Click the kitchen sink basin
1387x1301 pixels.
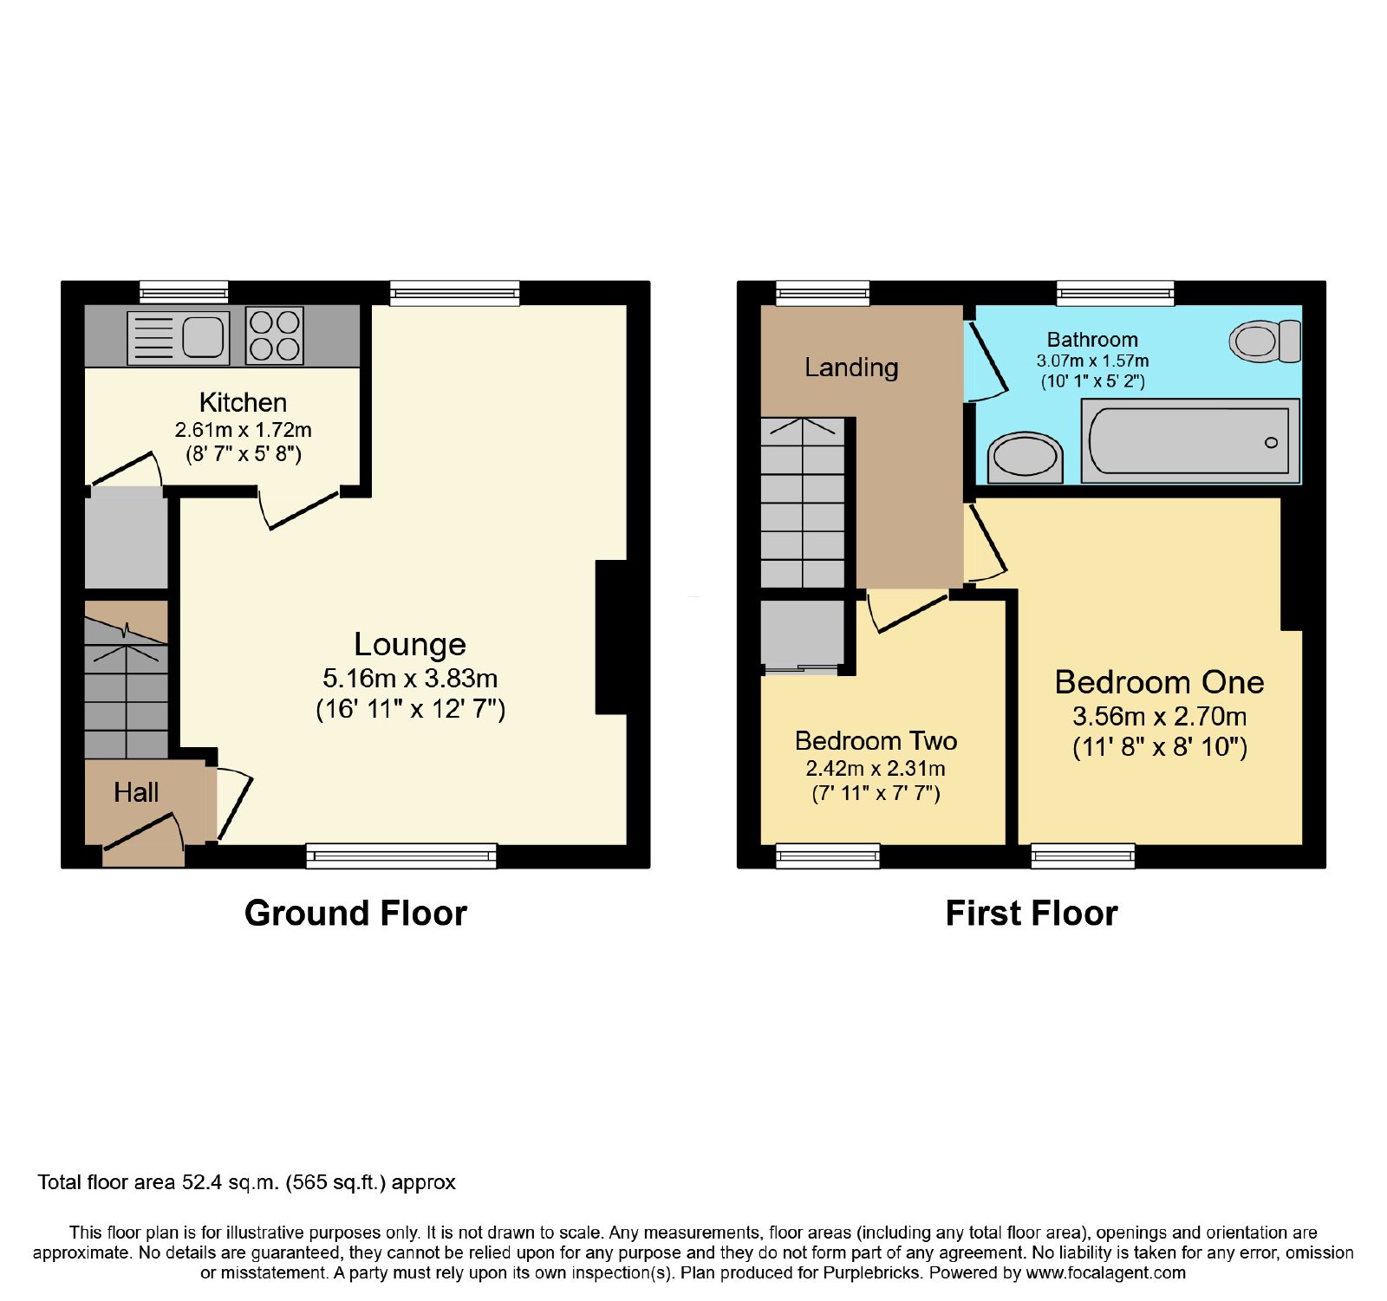203,336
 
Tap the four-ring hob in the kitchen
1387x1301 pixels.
275,335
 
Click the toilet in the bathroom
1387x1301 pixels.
1266,341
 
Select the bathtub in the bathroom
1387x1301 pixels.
1190,440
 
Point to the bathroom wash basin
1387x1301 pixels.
1026,458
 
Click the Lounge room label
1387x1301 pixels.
410,644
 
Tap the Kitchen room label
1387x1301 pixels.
243,402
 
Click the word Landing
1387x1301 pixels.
851,368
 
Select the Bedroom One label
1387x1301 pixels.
1159,682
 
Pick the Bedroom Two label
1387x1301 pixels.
876,741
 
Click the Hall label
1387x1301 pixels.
136,792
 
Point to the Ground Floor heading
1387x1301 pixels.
355,914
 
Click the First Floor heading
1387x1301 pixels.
1032,914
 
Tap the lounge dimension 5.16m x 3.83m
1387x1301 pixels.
410,678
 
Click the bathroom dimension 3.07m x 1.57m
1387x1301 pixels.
1092,361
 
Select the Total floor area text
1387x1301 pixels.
246,1182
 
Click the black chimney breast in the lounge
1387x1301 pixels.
611,638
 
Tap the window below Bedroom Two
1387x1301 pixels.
828,856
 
